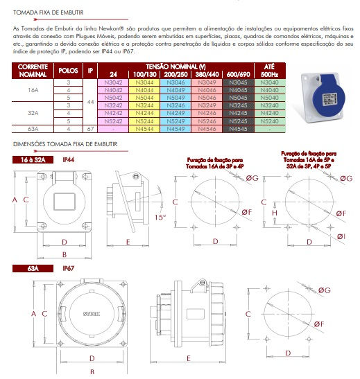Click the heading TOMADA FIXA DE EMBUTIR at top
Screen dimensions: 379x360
48,11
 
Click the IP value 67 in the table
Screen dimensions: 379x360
90,128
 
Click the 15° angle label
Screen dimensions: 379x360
160,216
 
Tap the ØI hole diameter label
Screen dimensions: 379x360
341,238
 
